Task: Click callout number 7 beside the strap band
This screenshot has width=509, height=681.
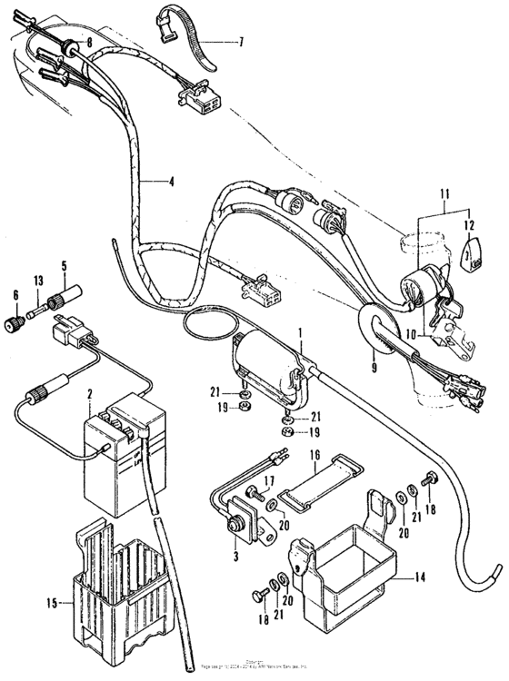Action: pyautogui.click(x=241, y=42)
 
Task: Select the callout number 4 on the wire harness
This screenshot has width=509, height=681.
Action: pyautogui.click(x=170, y=180)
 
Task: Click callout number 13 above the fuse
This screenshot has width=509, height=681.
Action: pyautogui.click(x=39, y=279)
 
